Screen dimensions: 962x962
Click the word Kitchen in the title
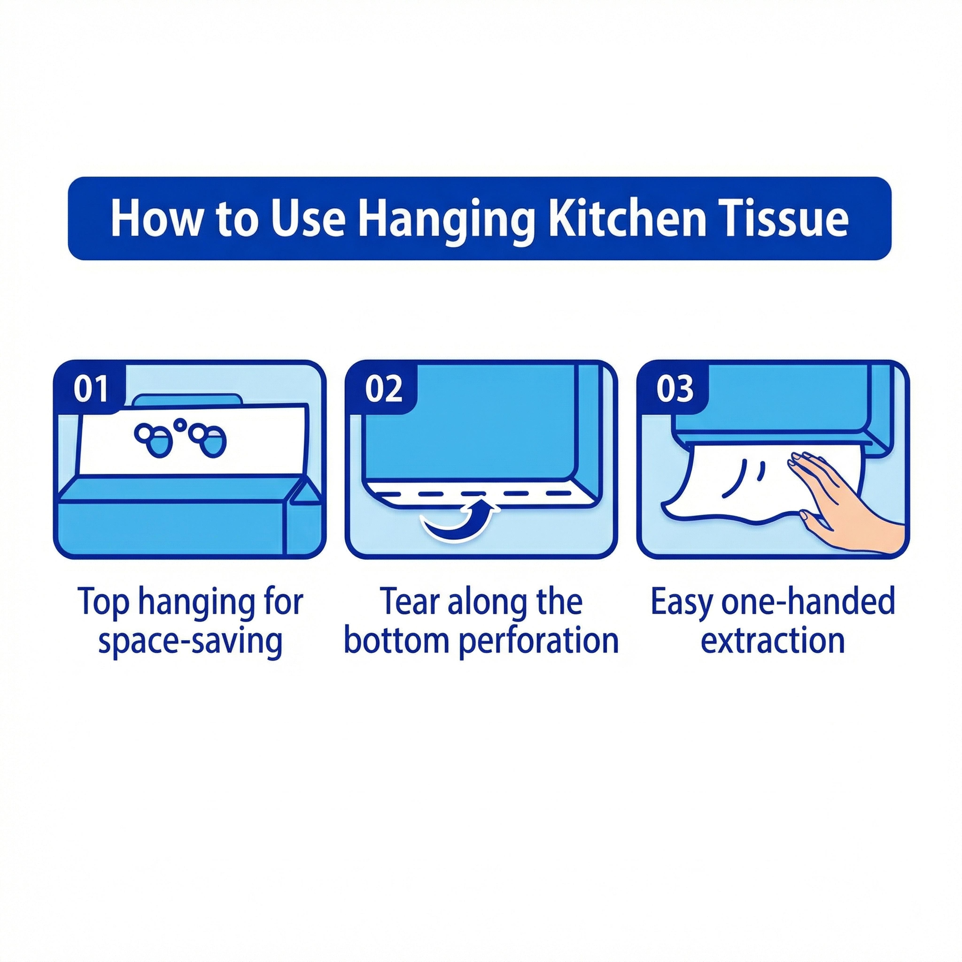(627, 219)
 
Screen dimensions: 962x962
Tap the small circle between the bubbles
(181, 424)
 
